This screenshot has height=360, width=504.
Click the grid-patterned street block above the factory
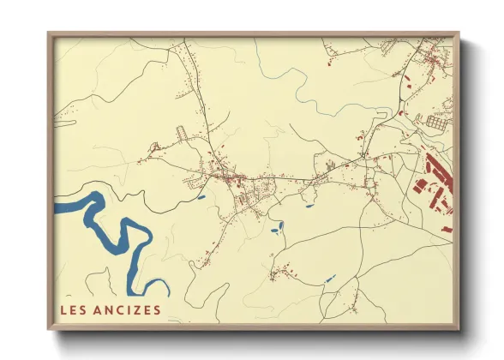click(435, 123)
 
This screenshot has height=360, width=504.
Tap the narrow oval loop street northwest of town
click(182, 134)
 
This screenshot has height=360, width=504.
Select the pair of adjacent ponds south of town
click(277, 228)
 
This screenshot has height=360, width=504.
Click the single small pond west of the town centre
click(201, 197)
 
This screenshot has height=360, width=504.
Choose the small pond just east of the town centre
click(309, 205)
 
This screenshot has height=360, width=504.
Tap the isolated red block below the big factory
click(445, 230)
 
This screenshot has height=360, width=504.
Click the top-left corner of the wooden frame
click(50, 34)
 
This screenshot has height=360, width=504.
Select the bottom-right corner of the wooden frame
click(458, 328)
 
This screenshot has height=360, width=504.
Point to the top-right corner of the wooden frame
click(458, 34)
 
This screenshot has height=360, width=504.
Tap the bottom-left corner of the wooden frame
click(50, 328)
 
